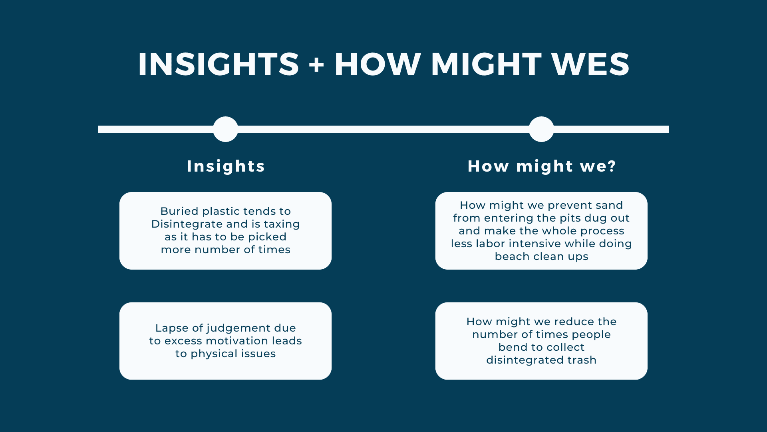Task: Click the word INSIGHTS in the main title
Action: [x=219, y=64]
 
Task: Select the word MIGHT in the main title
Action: [x=486, y=64]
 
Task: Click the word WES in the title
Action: [x=590, y=64]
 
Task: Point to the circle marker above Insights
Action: [x=226, y=129]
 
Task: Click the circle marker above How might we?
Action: [x=541, y=129]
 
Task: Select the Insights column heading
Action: [x=226, y=166]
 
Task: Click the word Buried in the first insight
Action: [x=179, y=211]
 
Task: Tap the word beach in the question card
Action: [x=512, y=256]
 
